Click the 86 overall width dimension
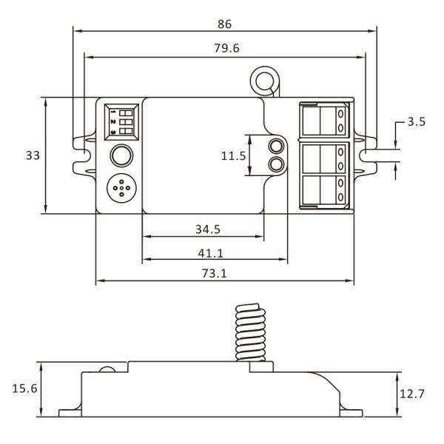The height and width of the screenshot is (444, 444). (224, 24)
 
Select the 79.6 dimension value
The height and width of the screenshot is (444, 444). (224, 48)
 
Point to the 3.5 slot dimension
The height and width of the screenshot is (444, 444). (417, 122)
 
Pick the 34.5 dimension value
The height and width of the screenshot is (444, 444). (207, 229)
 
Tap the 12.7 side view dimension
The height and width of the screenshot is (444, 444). (411, 394)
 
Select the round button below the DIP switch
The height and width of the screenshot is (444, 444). (121, 155)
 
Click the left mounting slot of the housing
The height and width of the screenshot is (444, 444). (82, 155)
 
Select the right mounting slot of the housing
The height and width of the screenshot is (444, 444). (368, 155)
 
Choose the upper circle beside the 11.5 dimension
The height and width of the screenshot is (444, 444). (276, 146)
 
